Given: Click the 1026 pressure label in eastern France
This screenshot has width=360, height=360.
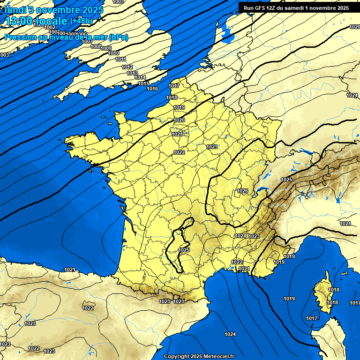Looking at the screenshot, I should [x=242, y=191].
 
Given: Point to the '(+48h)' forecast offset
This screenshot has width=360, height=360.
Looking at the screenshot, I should [x=82, y=21].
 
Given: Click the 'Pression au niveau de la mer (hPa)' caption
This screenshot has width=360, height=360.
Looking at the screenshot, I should [x=66, y=37].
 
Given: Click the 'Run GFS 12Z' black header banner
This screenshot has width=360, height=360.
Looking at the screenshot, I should [x=296, y=7].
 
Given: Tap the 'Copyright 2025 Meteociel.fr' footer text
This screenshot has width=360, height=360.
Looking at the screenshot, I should [x=199, y=356].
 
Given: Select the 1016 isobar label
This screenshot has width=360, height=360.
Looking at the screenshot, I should [x=152, y=89].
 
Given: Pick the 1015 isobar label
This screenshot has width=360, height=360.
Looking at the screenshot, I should [x=143, y=83].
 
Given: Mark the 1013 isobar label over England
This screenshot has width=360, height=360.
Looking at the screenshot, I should [x=132, y=73].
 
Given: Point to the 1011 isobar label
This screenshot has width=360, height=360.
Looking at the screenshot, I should [x=120, y=59].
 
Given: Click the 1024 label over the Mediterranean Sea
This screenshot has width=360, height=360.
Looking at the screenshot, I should [x=230, y=334].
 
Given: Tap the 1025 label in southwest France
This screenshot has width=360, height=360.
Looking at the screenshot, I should [x=184, y=250].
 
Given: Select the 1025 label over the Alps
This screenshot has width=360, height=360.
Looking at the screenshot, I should [x=286, y=180].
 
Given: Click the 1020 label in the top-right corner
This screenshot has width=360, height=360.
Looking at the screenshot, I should [x=354, y=27].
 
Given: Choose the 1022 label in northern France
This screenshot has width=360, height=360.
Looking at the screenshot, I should [x=179, y=152].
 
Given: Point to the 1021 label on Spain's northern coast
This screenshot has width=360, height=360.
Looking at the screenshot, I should [x=70, y=270].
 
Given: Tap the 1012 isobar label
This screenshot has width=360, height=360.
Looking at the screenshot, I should [x=127, y=67].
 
